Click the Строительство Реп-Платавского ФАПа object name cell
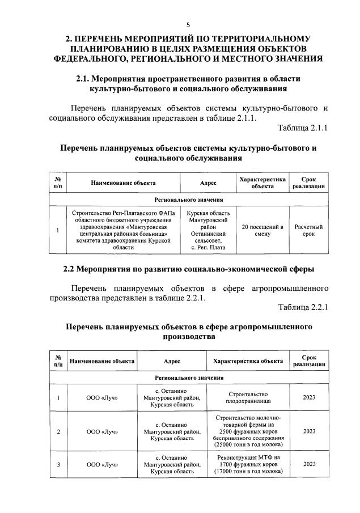point(115,230)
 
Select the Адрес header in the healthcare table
point(208,183)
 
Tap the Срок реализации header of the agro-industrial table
point(308,361)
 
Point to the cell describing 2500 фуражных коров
point(247,431)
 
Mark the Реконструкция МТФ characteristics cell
point(247,464)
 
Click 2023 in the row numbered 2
point(308,431)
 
